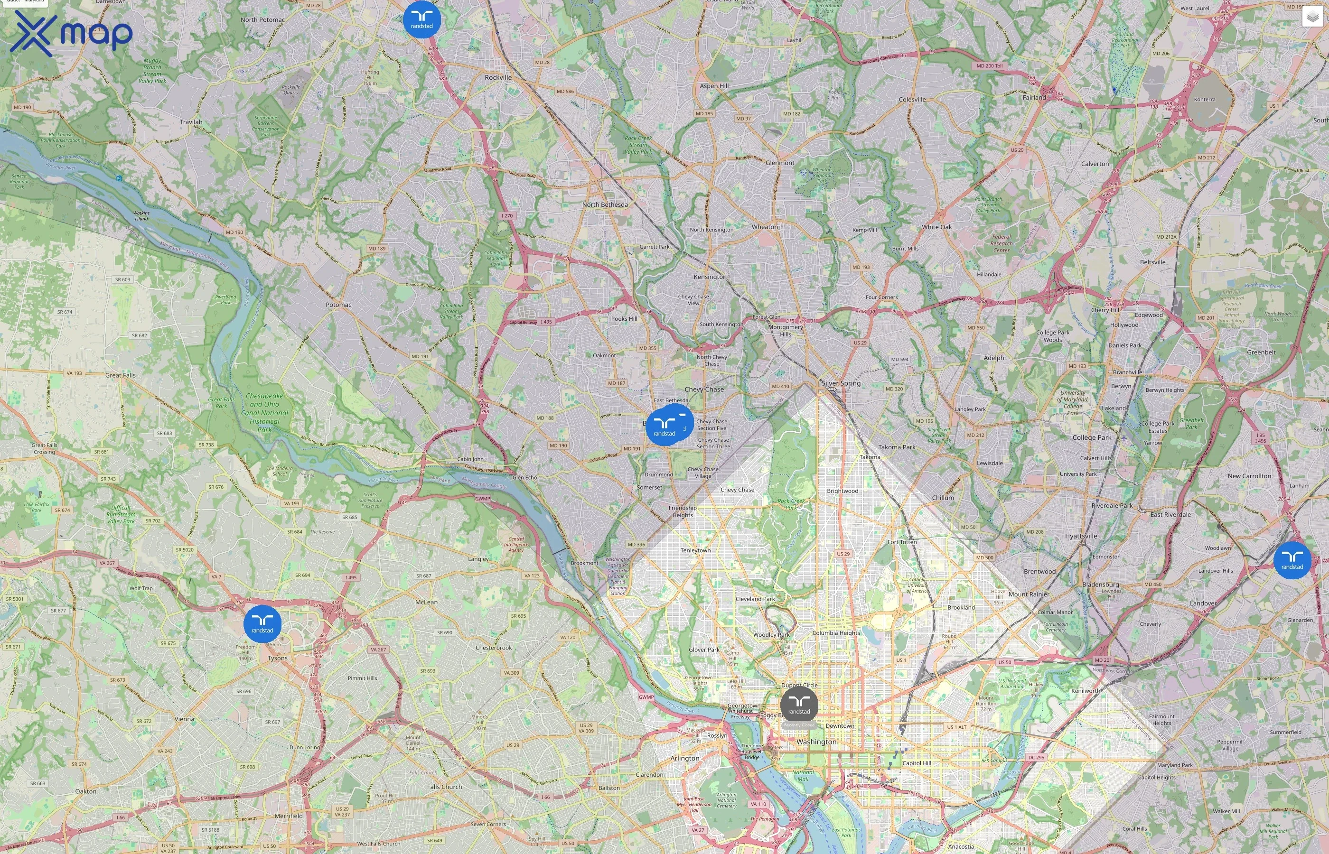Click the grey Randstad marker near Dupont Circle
click(x=799, y=705)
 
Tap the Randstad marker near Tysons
click(x=262, y=624)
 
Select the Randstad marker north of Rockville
click(x=421, y=19)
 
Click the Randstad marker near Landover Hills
click(x=1292, y=560)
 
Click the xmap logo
click(x=71, y=33)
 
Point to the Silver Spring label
click(x=841, y=383)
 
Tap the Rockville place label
click(x=498, y=78)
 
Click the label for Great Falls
click(x=121, y=375)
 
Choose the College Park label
click(x=1092, y=437)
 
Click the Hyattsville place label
click(x=1081, y=536)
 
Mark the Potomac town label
click(x=338, y=305)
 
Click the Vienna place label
click(x=185, y=719)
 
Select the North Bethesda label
click(x=605, y=204)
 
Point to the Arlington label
click(x=685, y=759)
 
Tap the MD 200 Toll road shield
click(x=990, y=66)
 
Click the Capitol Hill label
click(x=917, y=763)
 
